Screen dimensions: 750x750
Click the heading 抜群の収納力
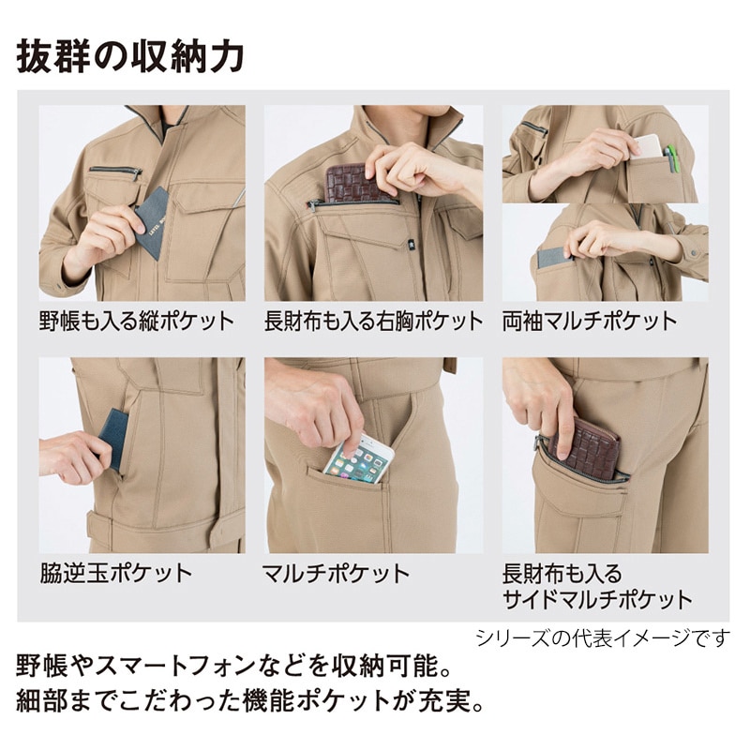130,55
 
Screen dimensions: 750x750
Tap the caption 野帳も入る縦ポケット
136,322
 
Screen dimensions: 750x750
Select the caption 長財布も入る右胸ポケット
373,322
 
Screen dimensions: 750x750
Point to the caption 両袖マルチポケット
590,322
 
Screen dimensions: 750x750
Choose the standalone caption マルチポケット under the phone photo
336,573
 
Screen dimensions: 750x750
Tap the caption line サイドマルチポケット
596,598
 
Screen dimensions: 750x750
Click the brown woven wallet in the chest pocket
354,184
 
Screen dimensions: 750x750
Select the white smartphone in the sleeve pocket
648,146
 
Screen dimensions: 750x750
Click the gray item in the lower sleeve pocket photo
554,257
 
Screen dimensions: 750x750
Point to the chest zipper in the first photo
117,172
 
